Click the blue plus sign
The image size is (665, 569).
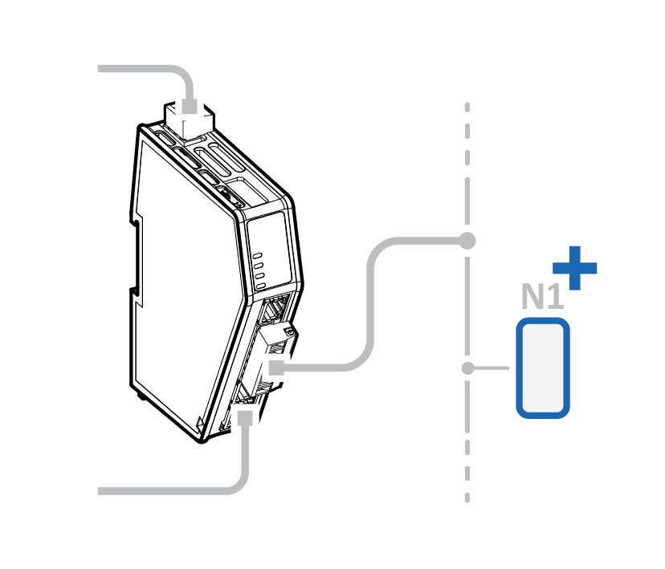point(575,267)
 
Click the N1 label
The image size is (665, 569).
point(541,296)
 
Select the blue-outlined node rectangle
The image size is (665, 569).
point(543,368)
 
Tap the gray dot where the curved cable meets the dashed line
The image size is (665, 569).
point(467,240)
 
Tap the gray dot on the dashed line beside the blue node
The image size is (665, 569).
point(467,368)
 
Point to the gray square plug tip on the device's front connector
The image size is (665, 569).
point(275,368)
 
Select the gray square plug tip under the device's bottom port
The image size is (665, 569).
point(245,418)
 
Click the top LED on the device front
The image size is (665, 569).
point(259,255)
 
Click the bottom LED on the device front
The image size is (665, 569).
point(260,284)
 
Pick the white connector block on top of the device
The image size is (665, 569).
point(190,120)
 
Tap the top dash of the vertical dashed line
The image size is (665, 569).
point(467,108)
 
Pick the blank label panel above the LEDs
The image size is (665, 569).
point(267,232)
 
